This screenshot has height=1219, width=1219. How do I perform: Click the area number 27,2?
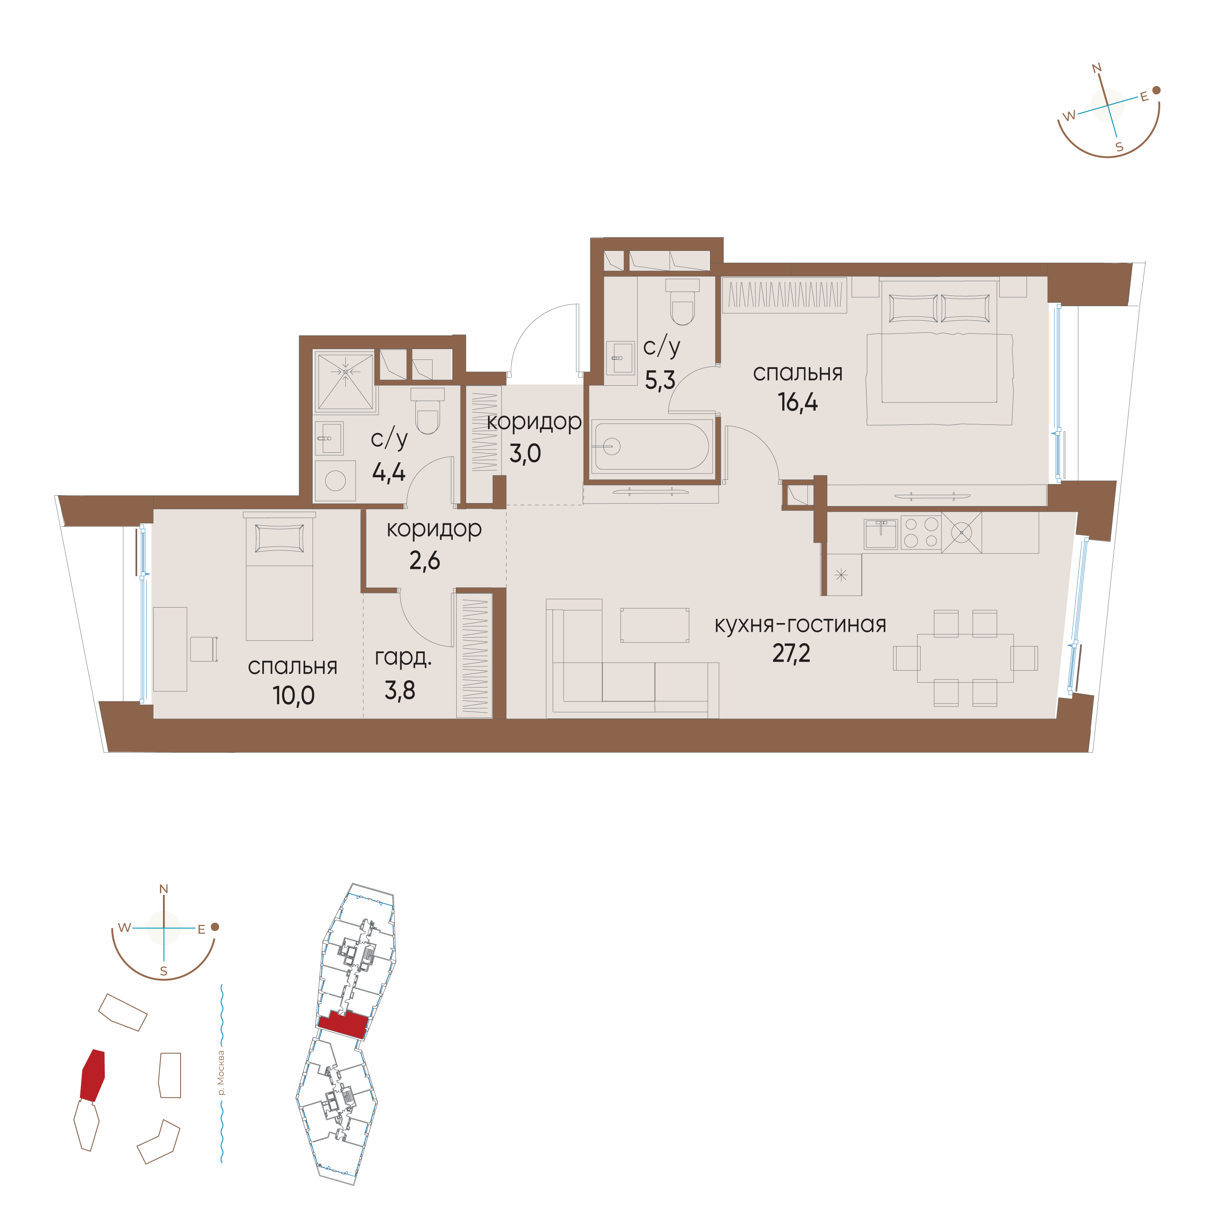click(x=791, y=654)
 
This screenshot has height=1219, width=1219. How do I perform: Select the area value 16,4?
click(x=798, y=402)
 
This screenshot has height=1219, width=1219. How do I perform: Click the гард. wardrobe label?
click(x=403, y=658)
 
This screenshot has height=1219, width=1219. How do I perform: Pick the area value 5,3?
click(x=660, y=380)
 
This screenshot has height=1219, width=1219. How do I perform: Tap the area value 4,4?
click(x=389, y=472)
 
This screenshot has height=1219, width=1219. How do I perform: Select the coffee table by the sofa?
click(x=654, y=625)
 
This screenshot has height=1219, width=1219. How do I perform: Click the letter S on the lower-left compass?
click(x=163, y=971)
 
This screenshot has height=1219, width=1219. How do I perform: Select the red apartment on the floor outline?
click(x=343, y=1023)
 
